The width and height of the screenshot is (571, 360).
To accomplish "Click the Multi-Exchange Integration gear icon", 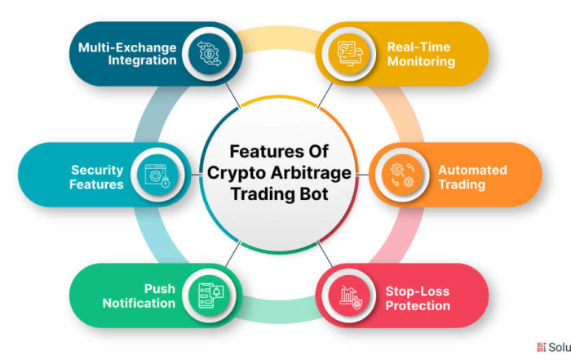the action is click(210, 54).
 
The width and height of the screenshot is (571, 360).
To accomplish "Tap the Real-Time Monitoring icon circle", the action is click(349, 54).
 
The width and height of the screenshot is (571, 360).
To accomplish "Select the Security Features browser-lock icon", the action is click(157, 176).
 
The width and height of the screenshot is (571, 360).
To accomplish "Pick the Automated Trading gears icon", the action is click(402, 175).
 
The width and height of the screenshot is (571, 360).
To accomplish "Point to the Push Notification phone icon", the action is click(210, 296).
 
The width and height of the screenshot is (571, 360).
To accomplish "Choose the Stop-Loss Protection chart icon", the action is click(350, 296).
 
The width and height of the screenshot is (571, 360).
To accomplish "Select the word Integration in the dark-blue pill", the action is click(143, 60).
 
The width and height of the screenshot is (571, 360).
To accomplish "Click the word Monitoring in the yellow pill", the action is click(422, 61).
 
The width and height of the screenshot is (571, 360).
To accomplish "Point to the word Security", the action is click(97, 170).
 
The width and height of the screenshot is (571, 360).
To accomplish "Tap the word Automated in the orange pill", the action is click(472, 170).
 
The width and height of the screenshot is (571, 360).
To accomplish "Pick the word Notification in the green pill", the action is click(139, 303).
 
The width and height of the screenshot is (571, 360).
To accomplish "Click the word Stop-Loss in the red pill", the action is click(418, 291).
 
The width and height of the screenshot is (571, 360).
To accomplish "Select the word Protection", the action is click(418, 305).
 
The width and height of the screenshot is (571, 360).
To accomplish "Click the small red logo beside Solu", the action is click(542, 347).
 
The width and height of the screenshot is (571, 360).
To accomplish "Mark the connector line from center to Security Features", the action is click(197, 175).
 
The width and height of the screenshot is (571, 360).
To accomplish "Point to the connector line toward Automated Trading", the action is click(362, 175).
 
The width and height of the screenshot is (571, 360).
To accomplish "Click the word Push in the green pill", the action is click(160, 289).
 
